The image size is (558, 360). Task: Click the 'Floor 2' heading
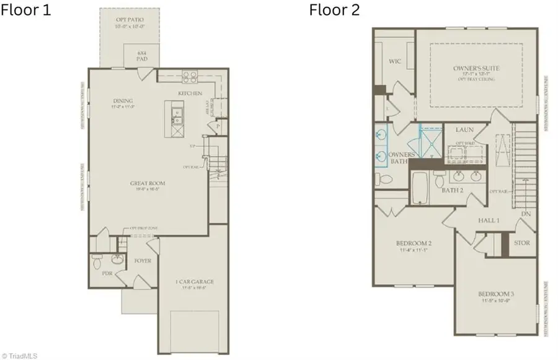334,10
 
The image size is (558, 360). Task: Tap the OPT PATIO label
129,20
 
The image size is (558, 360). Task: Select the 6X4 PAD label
141,56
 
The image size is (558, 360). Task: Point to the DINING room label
123,100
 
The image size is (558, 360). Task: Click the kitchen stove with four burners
189,77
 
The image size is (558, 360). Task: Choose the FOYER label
143,261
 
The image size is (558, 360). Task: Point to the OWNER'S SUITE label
476,68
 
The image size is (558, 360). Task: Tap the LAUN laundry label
464,130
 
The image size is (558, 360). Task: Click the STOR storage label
521,243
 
